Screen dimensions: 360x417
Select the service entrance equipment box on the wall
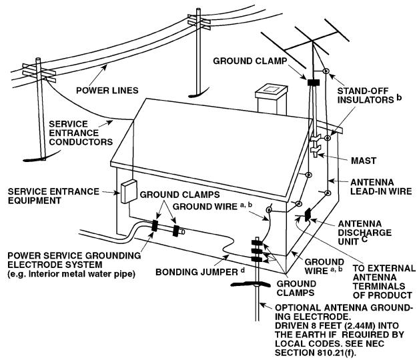pyautogui.click(x=128, y=191)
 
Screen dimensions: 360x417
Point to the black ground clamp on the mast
pyautogui.click(x=312, y=84)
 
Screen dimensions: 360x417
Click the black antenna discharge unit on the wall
pyautogui.click(x=307, y=215)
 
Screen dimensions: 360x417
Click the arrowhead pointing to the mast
pyautogui.click(x=322, y=155)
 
